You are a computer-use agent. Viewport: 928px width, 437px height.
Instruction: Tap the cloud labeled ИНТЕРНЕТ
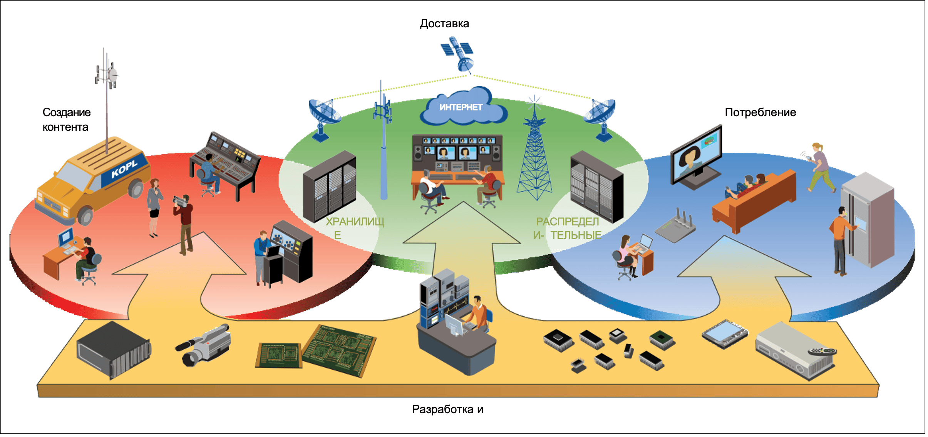[x=462, y=107]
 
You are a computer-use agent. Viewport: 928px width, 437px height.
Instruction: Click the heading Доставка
[x=444, y=24]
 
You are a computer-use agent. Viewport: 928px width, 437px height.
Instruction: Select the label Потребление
[x=760, y=112]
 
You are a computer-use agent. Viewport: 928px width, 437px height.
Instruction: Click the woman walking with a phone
[x=820, y=167]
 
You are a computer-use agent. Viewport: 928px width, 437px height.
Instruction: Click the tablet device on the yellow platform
[x=725, y=333]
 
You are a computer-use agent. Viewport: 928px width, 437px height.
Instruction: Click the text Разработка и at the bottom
[x=447, y=409]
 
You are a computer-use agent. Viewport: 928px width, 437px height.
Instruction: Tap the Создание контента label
[x=66, y=120]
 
